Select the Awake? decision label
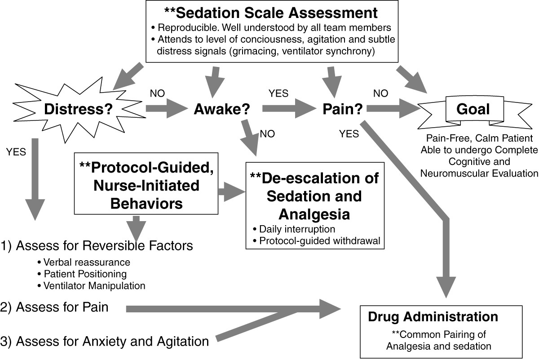pyautogui.click(x=222, y=109)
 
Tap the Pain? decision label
pyautogui.click(x=343, y=109)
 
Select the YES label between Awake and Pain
pyautogui.click(x=278, y=94)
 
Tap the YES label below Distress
pyautogui.click(x=17, y=152)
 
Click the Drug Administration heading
pyautogui.click(x=433, y=316)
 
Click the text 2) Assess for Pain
pyautogui.click(x=62, y=308)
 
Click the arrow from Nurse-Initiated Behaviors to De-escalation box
pyautogui.click(x=231, y=191)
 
